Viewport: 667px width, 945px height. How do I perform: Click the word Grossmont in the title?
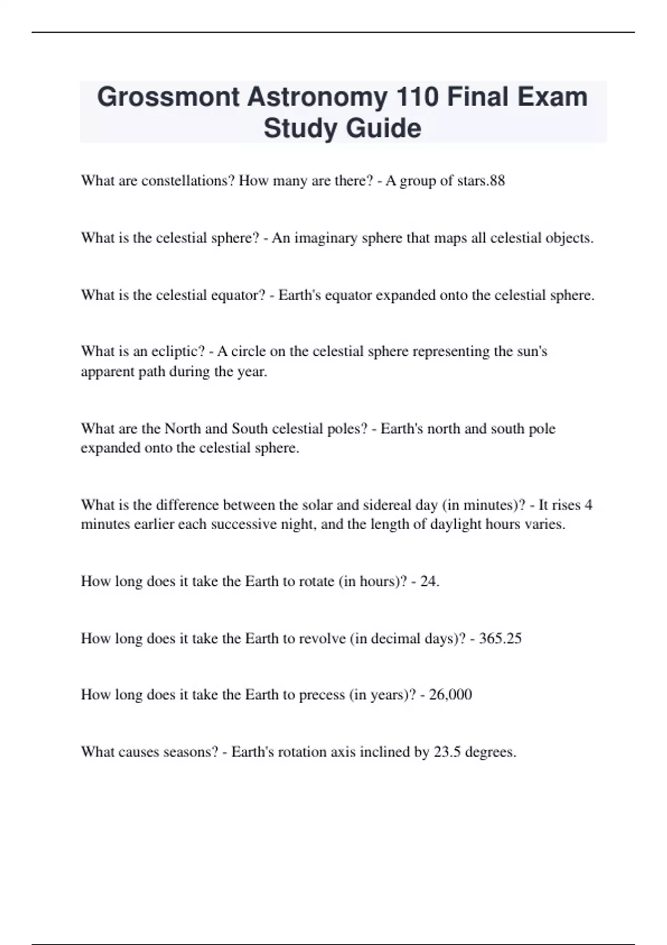(168, 97)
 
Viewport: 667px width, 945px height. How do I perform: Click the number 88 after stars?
(497, 181)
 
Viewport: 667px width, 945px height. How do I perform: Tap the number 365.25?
(500, 638)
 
